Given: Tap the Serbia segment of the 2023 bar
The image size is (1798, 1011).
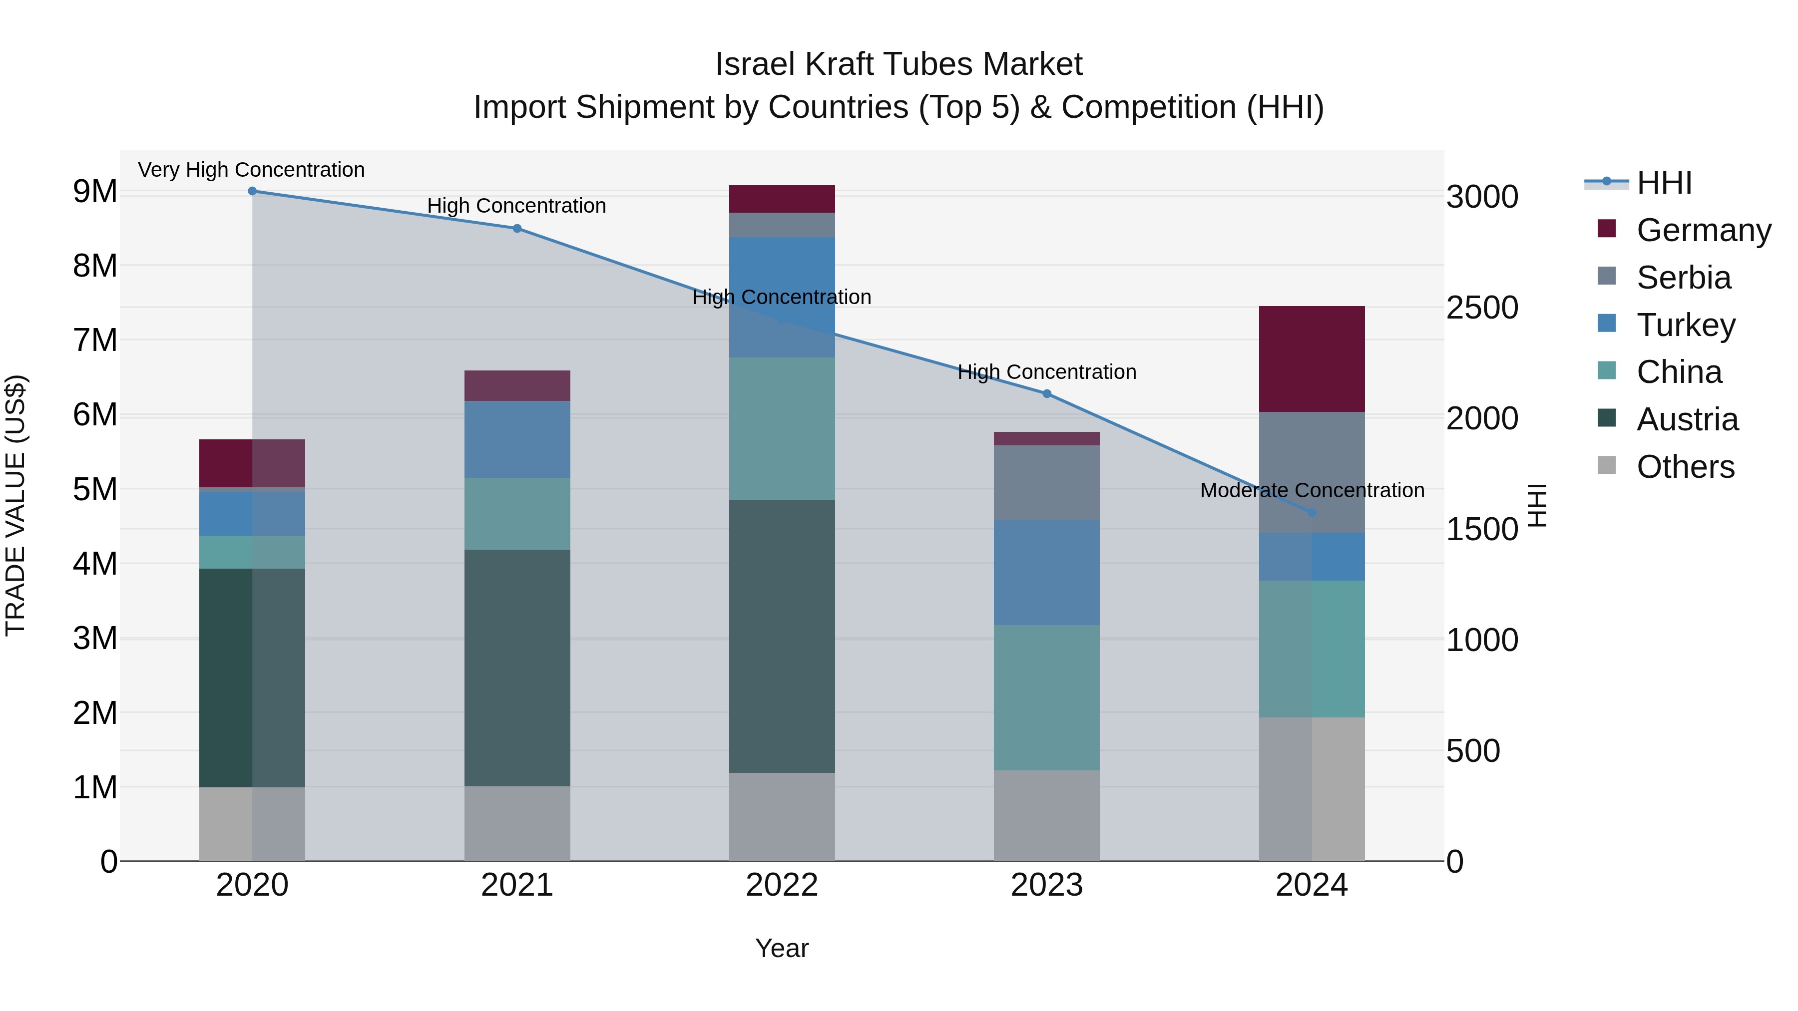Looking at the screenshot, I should (1046, 483).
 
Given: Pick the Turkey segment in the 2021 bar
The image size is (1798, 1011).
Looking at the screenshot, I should (517, 439).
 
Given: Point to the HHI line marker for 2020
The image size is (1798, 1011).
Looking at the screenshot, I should (253, 191).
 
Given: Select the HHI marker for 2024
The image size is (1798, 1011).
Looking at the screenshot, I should (1312, 513).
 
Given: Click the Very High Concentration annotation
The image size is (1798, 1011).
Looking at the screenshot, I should (251, 170).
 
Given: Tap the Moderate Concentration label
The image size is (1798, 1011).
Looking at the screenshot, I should (1312, 490).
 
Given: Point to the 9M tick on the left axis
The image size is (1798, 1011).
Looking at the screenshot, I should (95, 192).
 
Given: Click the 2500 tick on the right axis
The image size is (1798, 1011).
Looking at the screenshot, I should (1482, 308).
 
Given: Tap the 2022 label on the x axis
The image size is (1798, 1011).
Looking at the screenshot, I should (782, 885).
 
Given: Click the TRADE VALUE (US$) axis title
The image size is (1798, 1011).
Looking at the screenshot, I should (16, 505).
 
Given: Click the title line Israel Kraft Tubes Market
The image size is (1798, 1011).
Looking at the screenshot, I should (899, 64).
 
